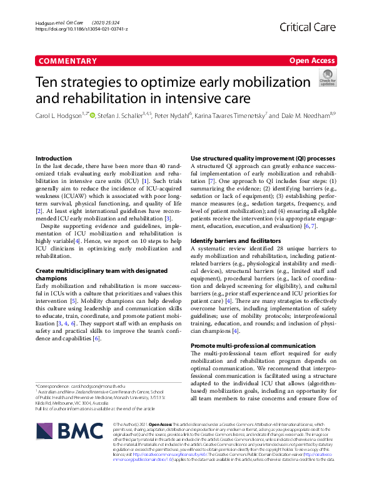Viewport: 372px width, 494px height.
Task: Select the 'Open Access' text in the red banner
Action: pos(313,61)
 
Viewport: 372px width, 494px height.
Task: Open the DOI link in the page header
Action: pos(82,29)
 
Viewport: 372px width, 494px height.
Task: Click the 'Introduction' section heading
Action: pos(54,159)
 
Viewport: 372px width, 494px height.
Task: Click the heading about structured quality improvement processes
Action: pos(263,159)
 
